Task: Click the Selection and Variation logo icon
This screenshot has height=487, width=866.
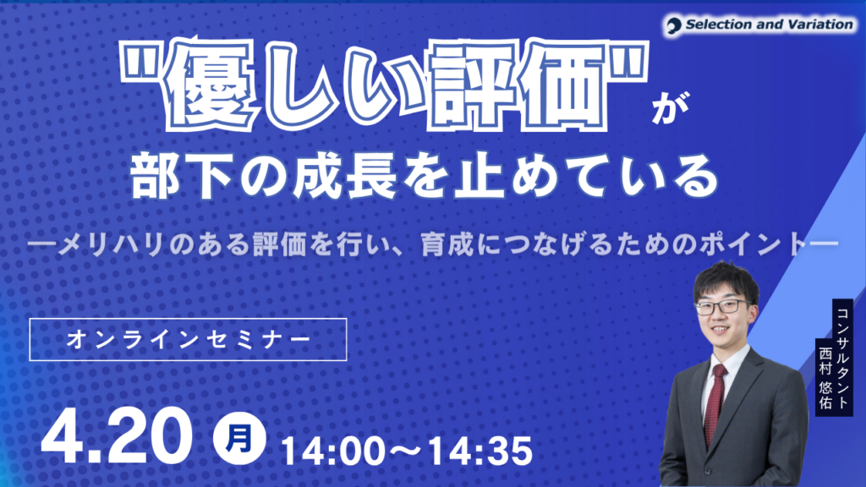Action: pos(675,25)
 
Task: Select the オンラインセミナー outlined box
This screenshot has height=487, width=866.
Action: pos(188,340)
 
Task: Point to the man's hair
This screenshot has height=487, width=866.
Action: pos(723,279)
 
